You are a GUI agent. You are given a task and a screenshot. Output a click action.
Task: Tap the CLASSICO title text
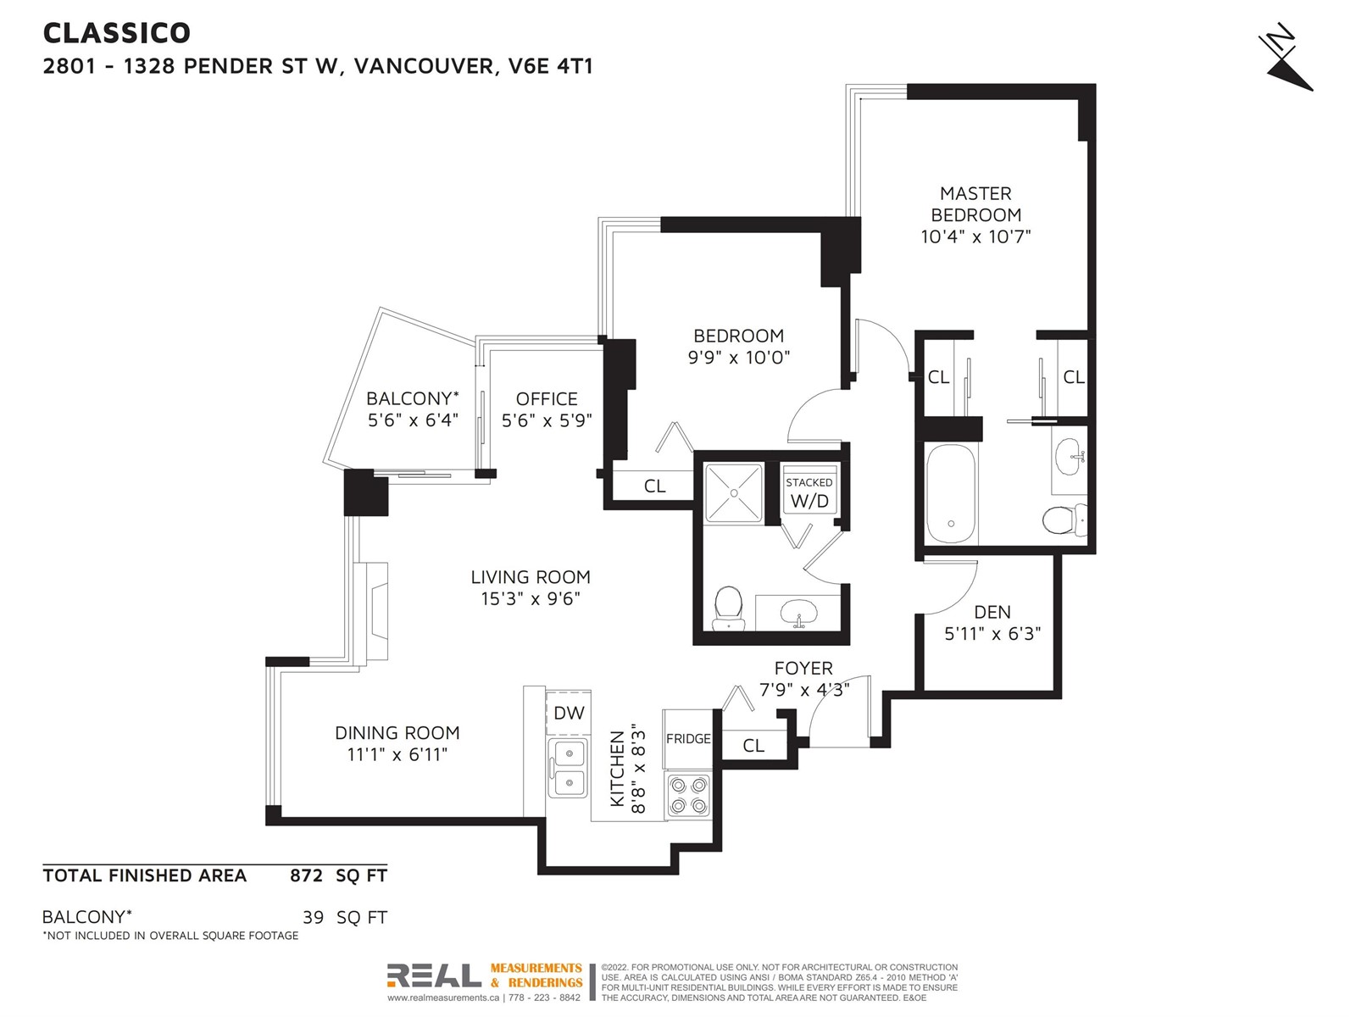[x=116, y=33]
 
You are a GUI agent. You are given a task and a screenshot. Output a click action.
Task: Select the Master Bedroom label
[x=975, y=204]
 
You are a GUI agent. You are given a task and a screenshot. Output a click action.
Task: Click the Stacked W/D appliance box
[x=809, y=492]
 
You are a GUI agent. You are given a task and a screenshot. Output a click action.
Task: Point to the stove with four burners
[x=689, y=795]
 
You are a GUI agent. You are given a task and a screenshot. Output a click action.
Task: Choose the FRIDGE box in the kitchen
[x=688, y=738]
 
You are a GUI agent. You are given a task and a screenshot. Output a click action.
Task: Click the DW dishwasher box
[x=569, y=713]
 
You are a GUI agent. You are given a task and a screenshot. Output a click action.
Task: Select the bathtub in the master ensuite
[x=951, y=493]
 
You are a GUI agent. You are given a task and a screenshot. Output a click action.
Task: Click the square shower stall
[x=734, y=493]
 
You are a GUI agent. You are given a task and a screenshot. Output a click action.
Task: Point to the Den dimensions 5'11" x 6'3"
[x=992, y=634]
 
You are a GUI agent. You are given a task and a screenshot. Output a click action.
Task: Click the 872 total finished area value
[x=307, y=875]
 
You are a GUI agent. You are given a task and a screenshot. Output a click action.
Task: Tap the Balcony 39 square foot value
[x=314, y=918]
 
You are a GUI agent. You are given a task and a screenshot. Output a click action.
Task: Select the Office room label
[x=547, y=399]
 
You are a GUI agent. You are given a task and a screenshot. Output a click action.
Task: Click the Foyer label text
[x=803, y=668]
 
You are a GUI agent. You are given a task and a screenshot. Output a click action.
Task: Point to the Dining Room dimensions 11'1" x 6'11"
[x=397, y=754]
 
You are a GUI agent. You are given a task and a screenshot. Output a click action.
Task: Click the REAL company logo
[x=434, y=975]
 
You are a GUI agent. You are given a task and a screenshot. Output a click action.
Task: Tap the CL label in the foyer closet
[x=753, y=746]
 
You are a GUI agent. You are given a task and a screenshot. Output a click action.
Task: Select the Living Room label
[x=531, y=577]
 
